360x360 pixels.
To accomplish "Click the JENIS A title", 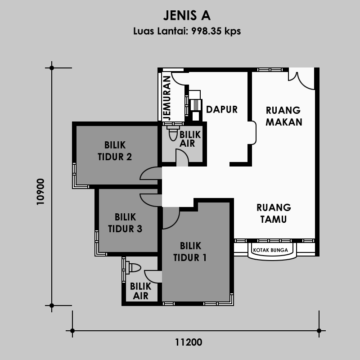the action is [187, 15].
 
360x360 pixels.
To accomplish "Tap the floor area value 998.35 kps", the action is [216, 31].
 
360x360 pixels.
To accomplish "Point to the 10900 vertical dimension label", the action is [40, 192].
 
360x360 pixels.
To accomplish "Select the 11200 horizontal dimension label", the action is [189, 342].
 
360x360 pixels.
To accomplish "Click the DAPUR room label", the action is [222, 109].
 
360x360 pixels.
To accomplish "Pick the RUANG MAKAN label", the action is [284, 116].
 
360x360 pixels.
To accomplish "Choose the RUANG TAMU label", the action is [274, 213].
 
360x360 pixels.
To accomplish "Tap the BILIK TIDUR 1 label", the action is [190, 252].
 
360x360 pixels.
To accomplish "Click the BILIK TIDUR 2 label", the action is [115, 151].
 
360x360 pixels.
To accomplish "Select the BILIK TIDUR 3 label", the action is [125, 223].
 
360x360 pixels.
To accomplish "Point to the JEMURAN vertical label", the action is [167, 98].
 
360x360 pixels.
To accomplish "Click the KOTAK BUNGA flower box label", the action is [270, 250].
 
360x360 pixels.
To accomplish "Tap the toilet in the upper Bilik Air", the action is [173, 133].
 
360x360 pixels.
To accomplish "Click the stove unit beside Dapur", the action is [196, 105].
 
